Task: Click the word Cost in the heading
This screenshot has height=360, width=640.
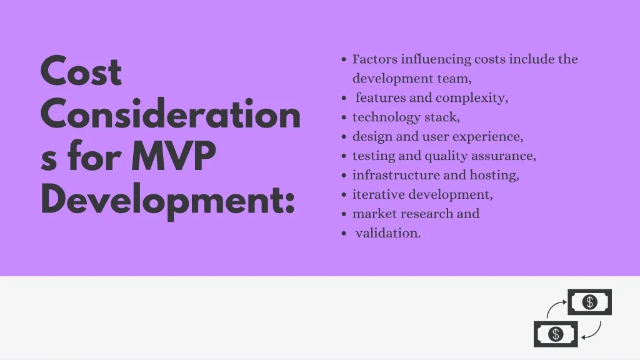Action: click(x=81, y=71)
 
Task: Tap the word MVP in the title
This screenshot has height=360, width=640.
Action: click(x=174, y=156)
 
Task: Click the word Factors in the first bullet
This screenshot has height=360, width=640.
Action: click(x=375, y=59)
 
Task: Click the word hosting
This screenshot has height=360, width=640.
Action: click(x=494, y=176)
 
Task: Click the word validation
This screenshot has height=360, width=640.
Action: click(x=387, y=233)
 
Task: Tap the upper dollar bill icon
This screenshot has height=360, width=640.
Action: click(x=589, y=302)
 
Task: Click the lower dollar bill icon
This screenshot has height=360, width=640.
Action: click(x=556, y=334)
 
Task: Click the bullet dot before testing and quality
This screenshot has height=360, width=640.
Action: click(x=344, y=156)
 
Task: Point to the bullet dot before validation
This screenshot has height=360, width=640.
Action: click(x=344, y=234)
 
